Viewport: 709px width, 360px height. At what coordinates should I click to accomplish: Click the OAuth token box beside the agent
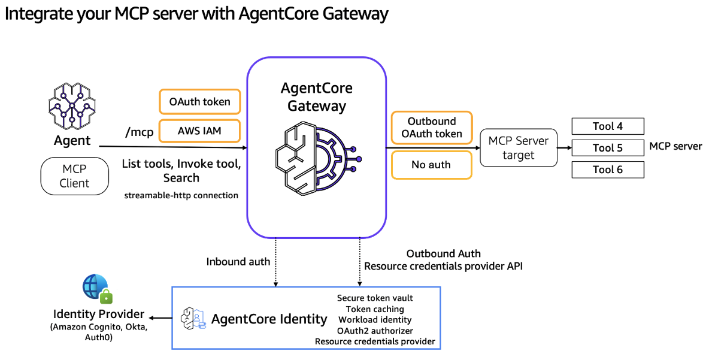point(199,102)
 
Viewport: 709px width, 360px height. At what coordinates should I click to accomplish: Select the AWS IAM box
point(199,131)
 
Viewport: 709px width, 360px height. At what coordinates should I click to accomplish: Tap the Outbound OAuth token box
point(431,128)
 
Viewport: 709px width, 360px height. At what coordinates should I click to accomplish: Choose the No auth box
point(431,165)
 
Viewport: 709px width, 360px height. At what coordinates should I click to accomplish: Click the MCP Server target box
point(519,148)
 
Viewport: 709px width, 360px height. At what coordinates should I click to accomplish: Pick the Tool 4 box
point(608,126)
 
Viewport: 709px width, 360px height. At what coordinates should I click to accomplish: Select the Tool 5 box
point(608,148)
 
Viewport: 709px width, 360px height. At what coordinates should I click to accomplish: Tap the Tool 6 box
point(608,170)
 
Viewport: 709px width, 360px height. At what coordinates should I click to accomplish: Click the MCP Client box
point(74,177)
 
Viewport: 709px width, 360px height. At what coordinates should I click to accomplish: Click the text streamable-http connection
point(181,195)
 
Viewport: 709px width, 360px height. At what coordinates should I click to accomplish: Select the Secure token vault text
point(375,298)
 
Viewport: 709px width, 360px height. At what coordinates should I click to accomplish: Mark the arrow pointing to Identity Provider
point(160,318)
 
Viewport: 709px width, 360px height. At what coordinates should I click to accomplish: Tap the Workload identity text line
point(375,320)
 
